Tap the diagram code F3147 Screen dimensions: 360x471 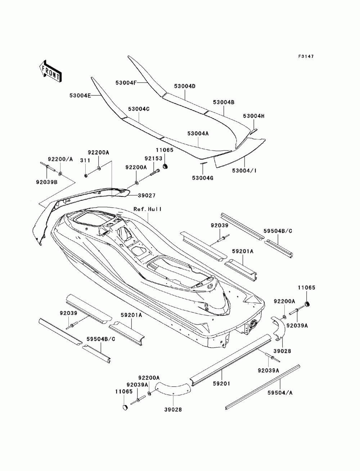306,56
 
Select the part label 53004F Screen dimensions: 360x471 126,83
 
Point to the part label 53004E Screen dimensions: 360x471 80,95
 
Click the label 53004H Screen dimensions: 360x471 253,116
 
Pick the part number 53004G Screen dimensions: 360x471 202,178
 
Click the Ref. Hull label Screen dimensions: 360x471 148,209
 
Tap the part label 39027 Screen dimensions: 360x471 147,195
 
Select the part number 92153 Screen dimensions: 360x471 153,158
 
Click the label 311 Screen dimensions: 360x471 85,160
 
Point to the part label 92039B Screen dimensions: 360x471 47,182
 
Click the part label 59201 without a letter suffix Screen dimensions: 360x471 221,384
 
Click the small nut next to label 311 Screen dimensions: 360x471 85,176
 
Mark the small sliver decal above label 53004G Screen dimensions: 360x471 203,163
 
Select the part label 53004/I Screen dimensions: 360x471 244,171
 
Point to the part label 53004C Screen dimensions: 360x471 139,109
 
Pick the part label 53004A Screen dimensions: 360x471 198,133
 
